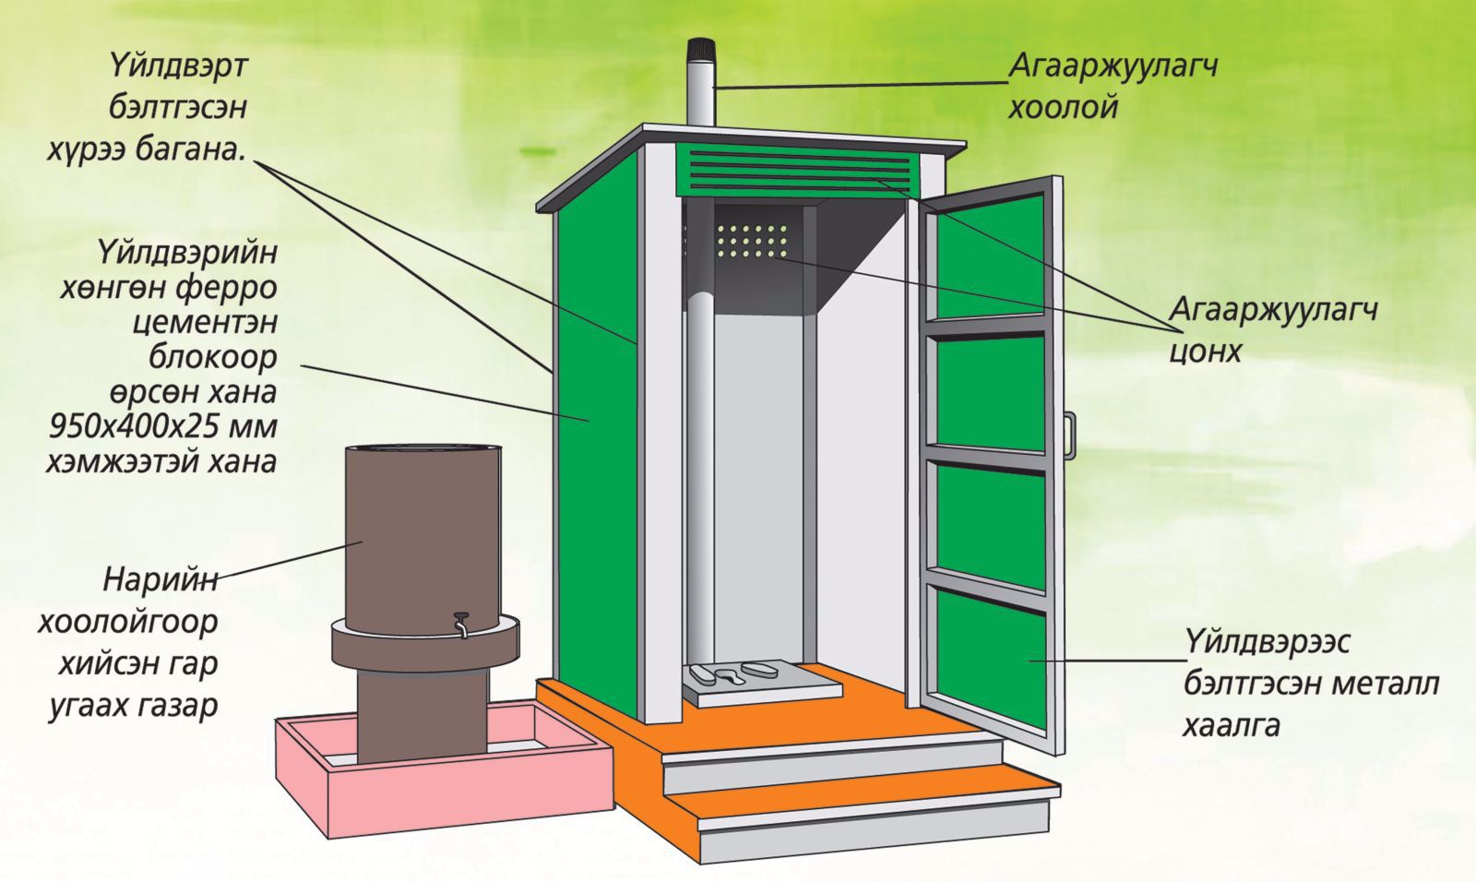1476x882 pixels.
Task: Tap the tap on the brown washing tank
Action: [460, 623]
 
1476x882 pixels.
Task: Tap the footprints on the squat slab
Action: [729, 673]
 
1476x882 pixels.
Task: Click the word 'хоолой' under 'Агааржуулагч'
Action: [1063, 108]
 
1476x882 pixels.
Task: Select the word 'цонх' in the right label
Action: [1205, 351]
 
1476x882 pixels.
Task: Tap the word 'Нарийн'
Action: [161, 580]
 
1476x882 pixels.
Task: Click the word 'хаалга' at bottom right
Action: [1231, 725]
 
